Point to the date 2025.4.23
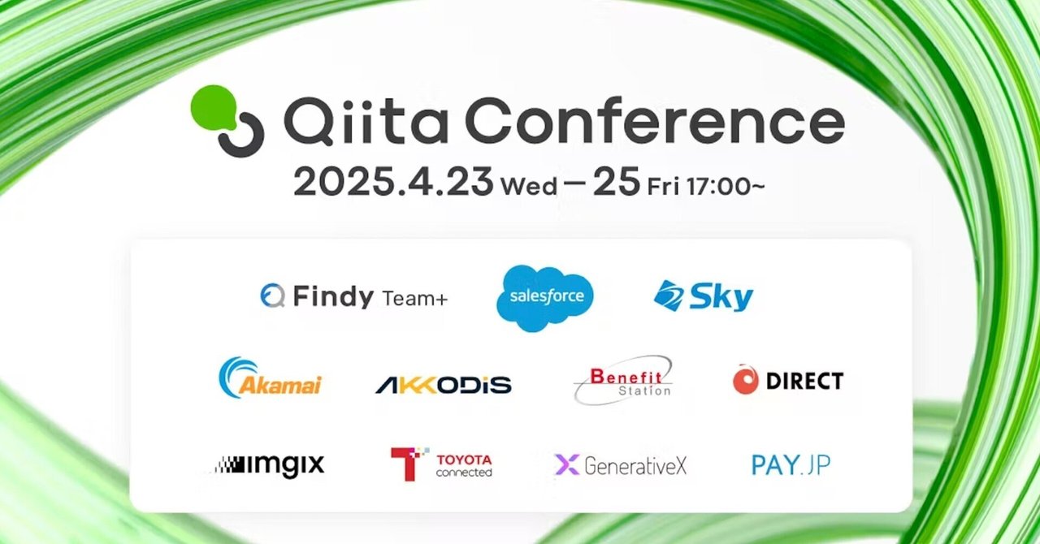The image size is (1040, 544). pyautogui.click(x=392, y=183)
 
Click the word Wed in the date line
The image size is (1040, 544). pyautogui.click(x=529, y=187)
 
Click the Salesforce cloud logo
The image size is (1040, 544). pyautogui.click(x=545, y=298)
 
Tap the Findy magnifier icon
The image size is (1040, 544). pyautogui.click(x=272, y=296)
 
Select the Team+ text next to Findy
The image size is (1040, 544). pyautogui.click(x=414, y=299)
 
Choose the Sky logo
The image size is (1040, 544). pyautogui.click(x=704, y=296)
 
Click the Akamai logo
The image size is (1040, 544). pyautogui.click(x=271, y=378)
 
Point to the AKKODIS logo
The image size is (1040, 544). pyautogui.click(x=443, y=385)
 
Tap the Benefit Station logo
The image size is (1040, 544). pyautogui.click(x=624, y=380)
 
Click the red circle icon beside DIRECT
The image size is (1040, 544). pyautogui.click(x=745, y=380)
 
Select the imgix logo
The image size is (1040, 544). pyautogui.click(x=269, y=465)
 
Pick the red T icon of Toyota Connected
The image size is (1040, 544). pyautogui.click(x=409, y=464)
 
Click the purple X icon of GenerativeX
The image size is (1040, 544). pyautogui.click(x=566, y=464)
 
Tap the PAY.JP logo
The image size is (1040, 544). pyautogui.click(x=791, y=465)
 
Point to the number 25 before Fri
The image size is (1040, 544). pyautogui.click(x=616, y=183)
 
